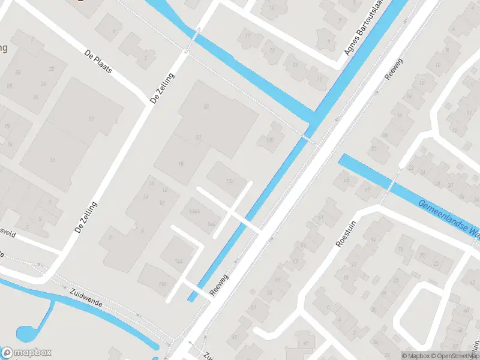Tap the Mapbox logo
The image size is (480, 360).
pyautogui.click(x=26, y=353)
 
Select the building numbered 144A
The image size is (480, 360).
pyautogui.click(x=194, y=212)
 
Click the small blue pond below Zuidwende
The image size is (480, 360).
pyautogui.click(x=27, y=332)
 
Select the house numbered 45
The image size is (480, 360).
pyautogui.click(x=308, y=343)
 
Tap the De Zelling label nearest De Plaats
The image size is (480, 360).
pyautogui.click(x=162, y=88)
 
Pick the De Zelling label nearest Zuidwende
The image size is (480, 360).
pyautogui.click(x=86, y=217)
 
